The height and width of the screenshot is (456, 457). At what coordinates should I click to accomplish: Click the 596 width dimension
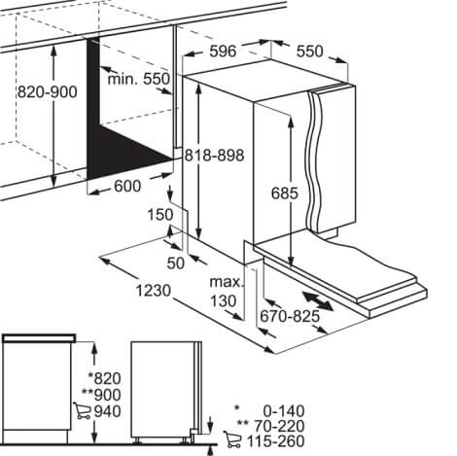click(x=223, y=51)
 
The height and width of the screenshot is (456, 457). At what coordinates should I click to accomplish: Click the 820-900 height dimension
click(x=48, y=91)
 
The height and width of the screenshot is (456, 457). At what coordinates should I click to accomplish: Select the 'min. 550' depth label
click(x=138, y=79)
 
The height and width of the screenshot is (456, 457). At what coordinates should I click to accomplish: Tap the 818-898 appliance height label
click(x=214, y=156)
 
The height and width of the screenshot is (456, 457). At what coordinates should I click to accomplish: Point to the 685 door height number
click(x=284, y=193)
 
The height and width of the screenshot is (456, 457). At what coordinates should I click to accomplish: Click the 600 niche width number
click(x=127, y=186)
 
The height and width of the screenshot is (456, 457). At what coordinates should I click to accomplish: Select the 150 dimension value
click(x=160, y=215)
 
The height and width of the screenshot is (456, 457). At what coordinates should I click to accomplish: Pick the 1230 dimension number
click(x=153, y=291)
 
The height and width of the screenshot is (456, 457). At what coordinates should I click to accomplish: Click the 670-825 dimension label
click(x=290, y=316)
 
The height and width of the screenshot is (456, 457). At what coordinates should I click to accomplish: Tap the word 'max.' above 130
click(x=227, y=282)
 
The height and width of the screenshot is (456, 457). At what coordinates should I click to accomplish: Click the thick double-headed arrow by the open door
click(x=317, y=301)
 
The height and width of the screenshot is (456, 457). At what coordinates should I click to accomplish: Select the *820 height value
click(x=104, y=378)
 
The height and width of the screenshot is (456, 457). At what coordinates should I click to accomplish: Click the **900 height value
click(x=101, y=395)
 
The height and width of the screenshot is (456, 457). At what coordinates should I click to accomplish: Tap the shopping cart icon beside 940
click(x=82, y=410)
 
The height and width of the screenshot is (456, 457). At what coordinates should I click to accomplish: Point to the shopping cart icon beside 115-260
click(x=232, y=439)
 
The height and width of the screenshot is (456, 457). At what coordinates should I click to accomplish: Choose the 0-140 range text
click(x=284, y=411)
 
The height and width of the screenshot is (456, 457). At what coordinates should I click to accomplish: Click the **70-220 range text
click(x=270, y=425)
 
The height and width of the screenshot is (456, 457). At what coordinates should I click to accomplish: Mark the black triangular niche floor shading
click(x=126, y=148)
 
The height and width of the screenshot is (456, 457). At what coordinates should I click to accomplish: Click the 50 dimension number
click(x=175, y=263)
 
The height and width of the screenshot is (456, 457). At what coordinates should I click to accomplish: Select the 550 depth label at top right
click(x=310, y=52)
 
